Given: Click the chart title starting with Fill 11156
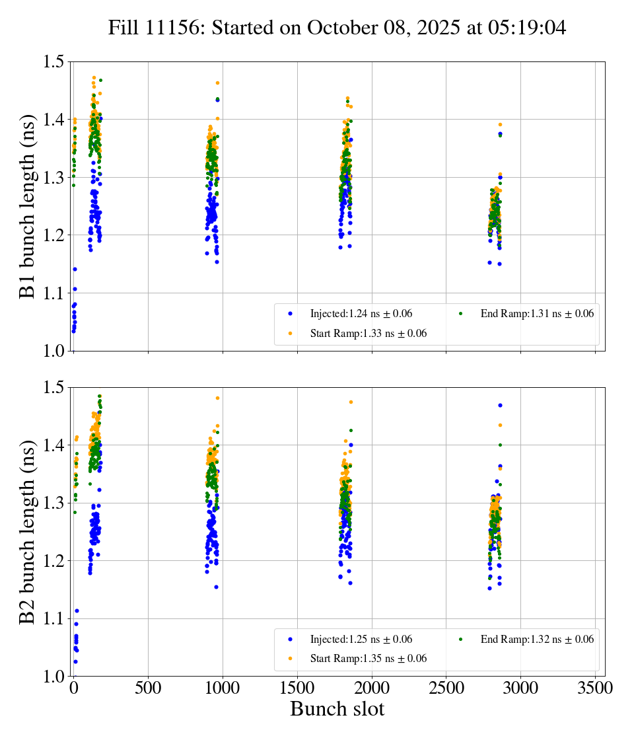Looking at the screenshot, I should (337, 27).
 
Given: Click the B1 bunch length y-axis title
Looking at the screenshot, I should (28, 205).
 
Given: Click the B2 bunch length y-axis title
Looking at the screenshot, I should (28, 531).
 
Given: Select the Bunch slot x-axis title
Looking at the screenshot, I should (337, 709).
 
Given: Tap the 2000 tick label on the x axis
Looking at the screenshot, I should (372, 688).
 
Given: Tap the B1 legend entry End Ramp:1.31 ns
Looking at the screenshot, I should (537, 314).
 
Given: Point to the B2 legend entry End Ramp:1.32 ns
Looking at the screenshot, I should (537, 639).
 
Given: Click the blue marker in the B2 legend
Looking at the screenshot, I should (290, 639).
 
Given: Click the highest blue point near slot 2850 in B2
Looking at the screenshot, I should (500, 405).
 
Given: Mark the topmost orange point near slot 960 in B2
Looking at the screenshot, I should (217, 398).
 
